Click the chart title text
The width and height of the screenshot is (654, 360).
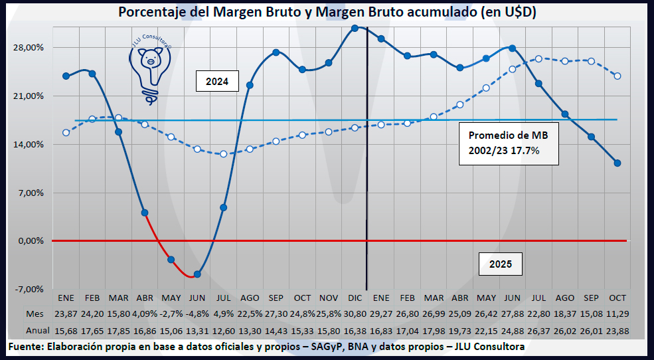(327, 13)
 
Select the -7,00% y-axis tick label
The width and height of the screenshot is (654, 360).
(31, 289)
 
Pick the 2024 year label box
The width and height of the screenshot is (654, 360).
(217, 82)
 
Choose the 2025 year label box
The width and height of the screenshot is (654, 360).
(500, 264)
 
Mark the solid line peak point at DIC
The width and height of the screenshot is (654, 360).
(355, 28)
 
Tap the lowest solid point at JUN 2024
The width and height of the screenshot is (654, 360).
(197, 274)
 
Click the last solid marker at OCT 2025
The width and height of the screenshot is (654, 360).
(617, 163)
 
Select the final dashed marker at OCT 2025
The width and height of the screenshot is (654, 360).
(617, 76)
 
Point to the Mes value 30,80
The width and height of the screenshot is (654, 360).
(355, 312)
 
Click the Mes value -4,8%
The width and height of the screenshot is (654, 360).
(197, 312)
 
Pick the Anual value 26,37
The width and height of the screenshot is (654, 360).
(538, 330)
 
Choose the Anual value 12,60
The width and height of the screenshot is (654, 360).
(223, 330)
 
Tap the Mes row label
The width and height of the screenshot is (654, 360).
(35, 312)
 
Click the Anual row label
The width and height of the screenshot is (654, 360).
(38, 330)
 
